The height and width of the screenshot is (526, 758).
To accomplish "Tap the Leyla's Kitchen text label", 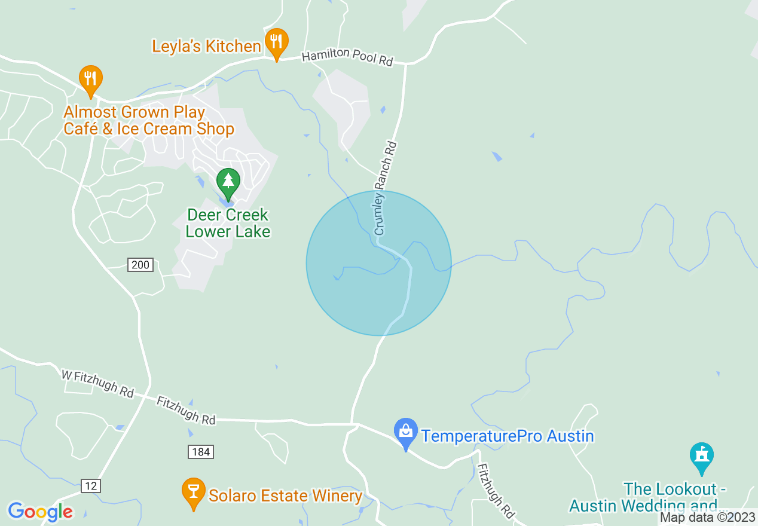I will click(206, 46).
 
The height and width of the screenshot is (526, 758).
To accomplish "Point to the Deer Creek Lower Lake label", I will click(228, 223).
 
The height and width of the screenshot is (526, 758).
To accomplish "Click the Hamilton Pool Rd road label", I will click(347, 58).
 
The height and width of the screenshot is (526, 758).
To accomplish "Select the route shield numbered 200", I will click(140, 265).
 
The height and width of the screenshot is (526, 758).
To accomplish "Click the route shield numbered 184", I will click(200, 452).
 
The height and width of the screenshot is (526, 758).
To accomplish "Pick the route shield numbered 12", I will click(90, 486).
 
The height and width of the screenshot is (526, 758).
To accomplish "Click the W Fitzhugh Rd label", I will click(97, 383).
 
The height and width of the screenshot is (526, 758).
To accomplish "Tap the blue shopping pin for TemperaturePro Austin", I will click(406, 433).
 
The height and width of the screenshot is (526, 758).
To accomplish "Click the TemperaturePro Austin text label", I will click(508, 436).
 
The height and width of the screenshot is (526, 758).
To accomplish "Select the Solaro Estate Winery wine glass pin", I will click(193, 493).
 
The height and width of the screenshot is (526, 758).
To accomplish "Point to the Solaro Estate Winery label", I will click(285, 496).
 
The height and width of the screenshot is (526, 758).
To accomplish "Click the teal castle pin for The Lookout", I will click(702, 457).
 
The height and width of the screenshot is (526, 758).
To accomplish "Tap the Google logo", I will click(40, 512).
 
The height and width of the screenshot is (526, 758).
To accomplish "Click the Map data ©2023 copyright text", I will click(707, 518).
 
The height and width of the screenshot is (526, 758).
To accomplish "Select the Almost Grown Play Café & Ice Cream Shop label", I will click(149, 120).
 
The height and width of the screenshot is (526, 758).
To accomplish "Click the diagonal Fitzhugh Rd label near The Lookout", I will click(496, 484).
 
